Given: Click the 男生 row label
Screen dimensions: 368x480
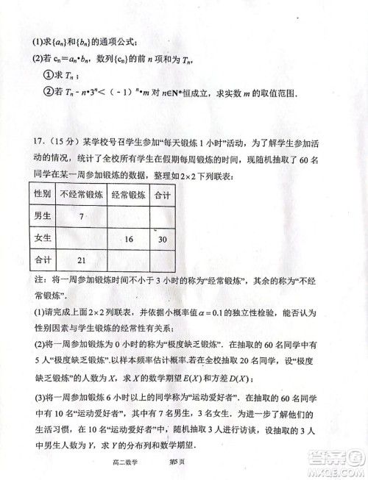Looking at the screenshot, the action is (43, 215).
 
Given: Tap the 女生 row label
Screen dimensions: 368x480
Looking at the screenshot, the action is (43, 238).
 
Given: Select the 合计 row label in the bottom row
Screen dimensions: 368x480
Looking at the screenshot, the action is (43, 259).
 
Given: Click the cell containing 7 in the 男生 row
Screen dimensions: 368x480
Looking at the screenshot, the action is (82, 215).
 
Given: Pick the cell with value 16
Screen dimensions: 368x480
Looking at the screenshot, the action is (128, 239).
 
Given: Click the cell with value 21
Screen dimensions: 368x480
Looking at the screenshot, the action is (82, 260).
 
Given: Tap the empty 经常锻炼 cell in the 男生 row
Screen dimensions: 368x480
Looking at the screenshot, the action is (128, 215).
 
